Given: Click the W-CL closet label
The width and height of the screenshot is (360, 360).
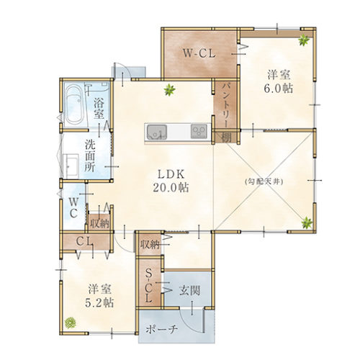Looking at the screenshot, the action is [199, 53].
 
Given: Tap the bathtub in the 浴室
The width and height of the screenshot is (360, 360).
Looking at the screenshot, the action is [75, 105].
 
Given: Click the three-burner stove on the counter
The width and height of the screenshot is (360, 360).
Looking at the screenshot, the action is [199, 132].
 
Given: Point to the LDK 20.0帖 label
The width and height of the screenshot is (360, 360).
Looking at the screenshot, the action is [171, 181].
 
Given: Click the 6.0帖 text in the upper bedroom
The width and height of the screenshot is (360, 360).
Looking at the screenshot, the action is [279, 89].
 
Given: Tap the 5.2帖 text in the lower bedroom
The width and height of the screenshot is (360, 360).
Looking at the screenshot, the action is [99, 303].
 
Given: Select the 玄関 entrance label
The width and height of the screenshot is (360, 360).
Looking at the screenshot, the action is [189, 291].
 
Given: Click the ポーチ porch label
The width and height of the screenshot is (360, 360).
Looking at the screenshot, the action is [161, 329].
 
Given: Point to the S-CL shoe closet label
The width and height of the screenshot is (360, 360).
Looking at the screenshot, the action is [149, 286].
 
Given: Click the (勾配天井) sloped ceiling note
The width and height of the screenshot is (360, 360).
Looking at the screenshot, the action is [264, 181].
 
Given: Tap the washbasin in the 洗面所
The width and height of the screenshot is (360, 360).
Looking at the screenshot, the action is [71, 166].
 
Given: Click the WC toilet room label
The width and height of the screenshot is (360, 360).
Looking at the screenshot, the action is [73, 208].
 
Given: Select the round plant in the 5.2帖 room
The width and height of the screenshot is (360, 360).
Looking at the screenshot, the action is [71, 323].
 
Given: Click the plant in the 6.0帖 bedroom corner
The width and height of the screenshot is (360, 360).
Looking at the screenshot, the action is [304, 40].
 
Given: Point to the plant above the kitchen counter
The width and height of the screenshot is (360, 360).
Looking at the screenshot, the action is [170, 90].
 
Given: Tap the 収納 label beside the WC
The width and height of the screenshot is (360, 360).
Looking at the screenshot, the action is [99, 224].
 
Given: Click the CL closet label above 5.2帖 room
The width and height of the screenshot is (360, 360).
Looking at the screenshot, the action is [84, 241].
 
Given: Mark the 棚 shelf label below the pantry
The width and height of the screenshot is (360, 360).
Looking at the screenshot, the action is [226, 138].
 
